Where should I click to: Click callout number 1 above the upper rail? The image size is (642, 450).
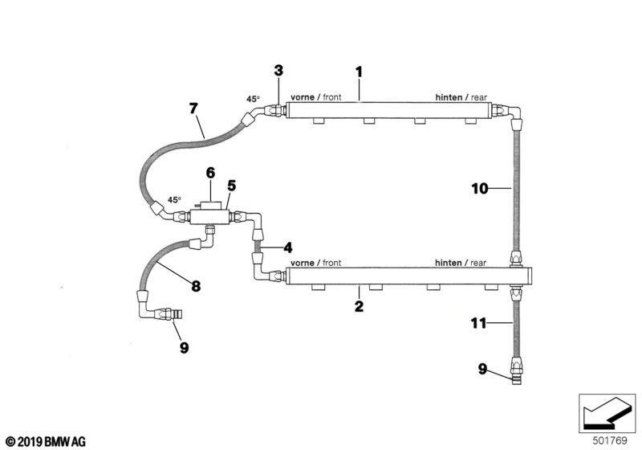pyautogui.click(x=360, y=72)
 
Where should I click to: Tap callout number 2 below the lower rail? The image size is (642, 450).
pyautogui.click(x=359, y=306)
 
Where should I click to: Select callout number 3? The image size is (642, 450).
pyautogui.click(x=278, y=70)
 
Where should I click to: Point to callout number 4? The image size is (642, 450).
pyautogui.click(x=287, y=247)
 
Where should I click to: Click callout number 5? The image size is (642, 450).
pyautogui.click(x=230, y=185)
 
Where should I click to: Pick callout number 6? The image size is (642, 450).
pyautogui.click(x=210, y=172)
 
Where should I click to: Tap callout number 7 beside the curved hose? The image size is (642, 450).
pyautogui.click(x=193, y=107)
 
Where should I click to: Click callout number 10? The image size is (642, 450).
pyautogui.click(x=479, y=189)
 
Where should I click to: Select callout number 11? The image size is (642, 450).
pyautogui.click(x=479, y=324)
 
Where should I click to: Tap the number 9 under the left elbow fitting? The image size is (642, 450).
pyautogui.click(x=184, y=348)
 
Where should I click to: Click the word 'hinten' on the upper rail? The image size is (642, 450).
pyautogui.click(x=449, y=97)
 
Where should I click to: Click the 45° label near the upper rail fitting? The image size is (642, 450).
pyautogui.click(x=253, y=100)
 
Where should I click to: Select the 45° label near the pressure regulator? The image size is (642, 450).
pyautogui.click(x=174, y=199)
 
